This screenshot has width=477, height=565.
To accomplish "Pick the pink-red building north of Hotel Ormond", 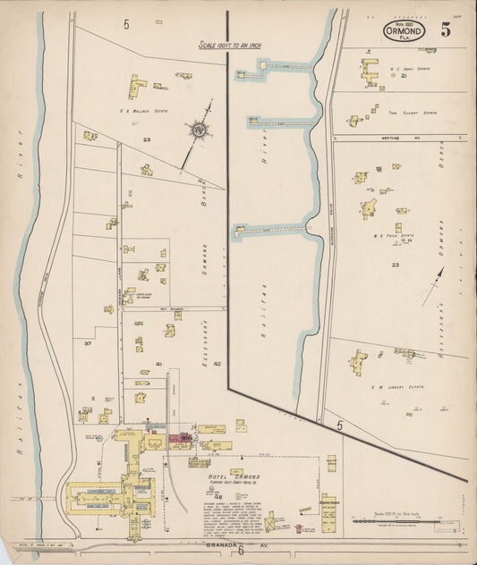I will click(181, 438).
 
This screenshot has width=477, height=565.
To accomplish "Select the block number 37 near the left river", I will click(87, 343).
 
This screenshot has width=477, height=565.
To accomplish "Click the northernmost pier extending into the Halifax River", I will click(278, 66).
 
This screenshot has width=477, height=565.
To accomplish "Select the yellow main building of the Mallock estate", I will click(137, 87).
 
